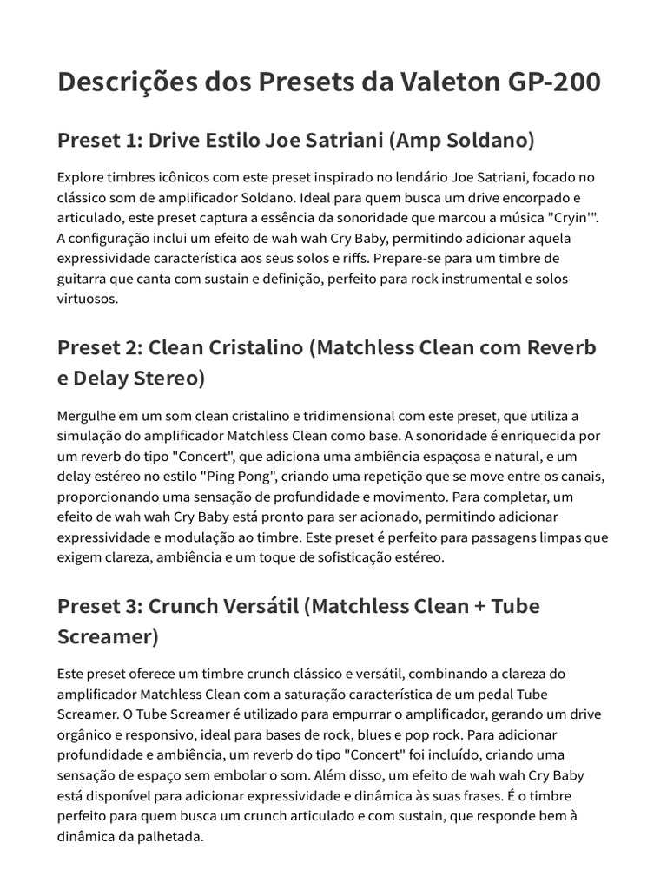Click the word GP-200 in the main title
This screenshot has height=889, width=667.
click(x=553, y=82)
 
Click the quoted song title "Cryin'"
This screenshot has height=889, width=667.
click(x=570, y=217)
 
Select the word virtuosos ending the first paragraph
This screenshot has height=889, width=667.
click(x=86, y=299)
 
